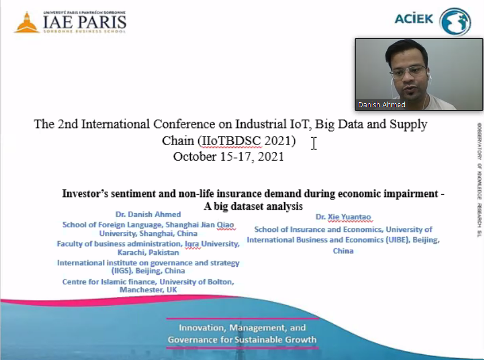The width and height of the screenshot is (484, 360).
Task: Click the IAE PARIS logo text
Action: pos(85,22)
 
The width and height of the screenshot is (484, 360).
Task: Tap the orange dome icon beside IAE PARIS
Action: pos(27,23)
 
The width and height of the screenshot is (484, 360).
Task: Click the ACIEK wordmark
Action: pos(414,19)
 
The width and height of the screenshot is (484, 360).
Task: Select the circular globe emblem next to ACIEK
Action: pos(455,21)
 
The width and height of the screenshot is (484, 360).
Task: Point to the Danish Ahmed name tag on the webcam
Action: pos(382,104)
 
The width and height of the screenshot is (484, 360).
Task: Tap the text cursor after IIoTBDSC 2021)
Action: pos(313,143)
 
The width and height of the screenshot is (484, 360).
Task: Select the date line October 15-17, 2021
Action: pos(228,156)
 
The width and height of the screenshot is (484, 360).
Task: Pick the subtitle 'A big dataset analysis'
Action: pos(253,206)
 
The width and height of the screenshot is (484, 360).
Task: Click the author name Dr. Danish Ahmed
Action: pos(148,214)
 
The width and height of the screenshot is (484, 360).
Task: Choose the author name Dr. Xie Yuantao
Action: pos(343,217)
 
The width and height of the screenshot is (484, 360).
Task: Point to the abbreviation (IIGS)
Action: pos(122,271)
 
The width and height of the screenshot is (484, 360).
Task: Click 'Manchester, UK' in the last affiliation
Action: pos(149,289)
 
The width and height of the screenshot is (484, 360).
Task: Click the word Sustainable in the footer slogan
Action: pos(251,340)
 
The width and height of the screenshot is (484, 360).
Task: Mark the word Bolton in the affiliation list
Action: pos(221,282)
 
